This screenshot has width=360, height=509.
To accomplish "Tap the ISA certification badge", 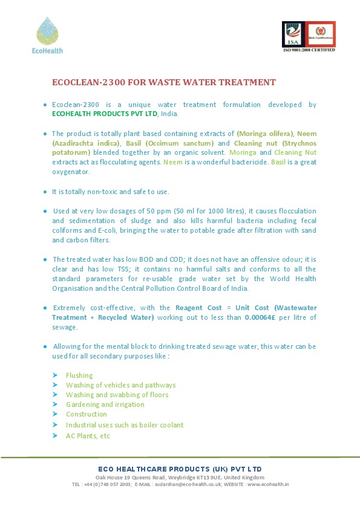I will (293, 34).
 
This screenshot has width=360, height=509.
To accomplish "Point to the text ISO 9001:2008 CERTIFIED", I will (309, 50).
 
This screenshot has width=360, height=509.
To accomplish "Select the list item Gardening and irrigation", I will (105, 404).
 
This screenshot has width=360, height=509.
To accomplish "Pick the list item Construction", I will (87, 414).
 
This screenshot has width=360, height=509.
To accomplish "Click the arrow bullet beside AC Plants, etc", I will (54, 435).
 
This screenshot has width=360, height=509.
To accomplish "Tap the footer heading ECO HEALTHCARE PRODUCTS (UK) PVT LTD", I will (180, 469).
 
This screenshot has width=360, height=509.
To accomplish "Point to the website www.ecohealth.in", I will (268, 484).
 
